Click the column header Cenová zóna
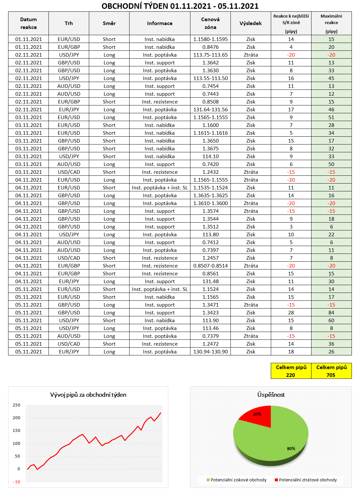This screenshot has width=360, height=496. [x=210, y=23]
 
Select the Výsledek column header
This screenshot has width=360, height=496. [x=251, y=23]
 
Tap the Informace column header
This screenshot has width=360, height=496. [x=159, y=23]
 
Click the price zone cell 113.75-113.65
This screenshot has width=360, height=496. [x=210, y=55]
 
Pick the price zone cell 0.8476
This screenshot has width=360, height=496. [x=210, y=47]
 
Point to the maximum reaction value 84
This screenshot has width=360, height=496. [x=331, y=313]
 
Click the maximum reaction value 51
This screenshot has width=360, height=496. [x=331, y=117]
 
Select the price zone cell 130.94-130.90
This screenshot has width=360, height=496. [x=210, y=352]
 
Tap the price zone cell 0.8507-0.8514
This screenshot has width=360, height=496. [x=210, y=266]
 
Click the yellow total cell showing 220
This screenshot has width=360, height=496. [x=291, y=371]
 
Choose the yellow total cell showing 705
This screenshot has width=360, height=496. [x=331, y=371]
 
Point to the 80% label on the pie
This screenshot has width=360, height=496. [x=291, y=449]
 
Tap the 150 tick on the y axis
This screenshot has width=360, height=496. [x=16, y=431]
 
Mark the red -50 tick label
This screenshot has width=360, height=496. [x=16, y=482]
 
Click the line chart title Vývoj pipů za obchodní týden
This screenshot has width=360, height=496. [x=88, y=395]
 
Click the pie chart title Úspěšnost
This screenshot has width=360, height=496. [x=271, y=395]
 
